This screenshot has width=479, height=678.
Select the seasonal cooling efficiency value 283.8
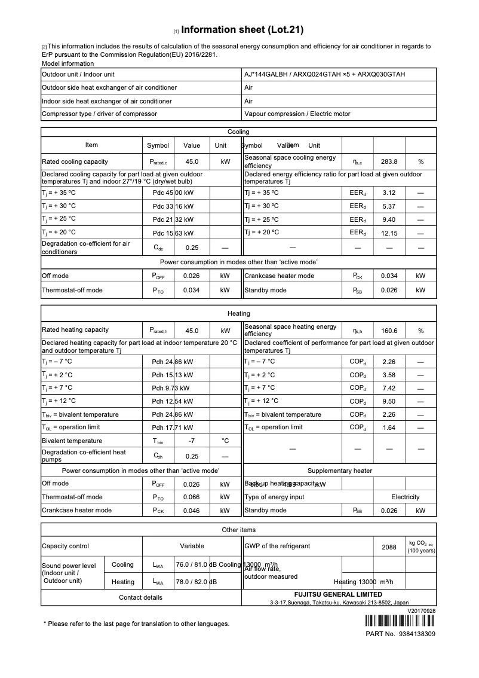pos(389,161)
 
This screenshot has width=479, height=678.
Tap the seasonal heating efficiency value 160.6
pos(389,331)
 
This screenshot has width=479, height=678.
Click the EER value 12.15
pos(389,233)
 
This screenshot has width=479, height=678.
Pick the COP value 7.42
pos(389,388)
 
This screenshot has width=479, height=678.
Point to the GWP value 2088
pos(389,547)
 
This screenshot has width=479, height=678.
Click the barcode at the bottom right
pos(400,620)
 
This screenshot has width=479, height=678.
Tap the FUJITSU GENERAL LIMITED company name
pos(338,595)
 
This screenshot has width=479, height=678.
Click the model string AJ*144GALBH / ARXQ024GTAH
pos(324,74)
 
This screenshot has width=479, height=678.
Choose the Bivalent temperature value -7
pos(192,441)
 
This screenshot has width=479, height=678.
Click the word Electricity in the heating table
pos(405,497)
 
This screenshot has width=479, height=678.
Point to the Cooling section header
pos(238,132)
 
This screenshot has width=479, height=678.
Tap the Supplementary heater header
pos(339,471)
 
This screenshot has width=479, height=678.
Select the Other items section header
pos(238,530)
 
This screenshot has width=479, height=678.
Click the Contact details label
pos(140,597)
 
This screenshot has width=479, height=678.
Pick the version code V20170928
pos(422,611)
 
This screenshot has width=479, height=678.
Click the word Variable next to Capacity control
pos(192,546)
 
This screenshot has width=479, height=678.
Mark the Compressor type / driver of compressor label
pos(99,114)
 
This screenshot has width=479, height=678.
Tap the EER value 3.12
pos(389,193)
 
